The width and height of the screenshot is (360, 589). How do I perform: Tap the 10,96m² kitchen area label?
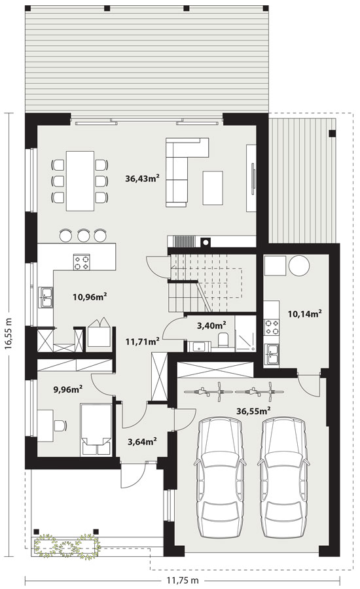pyautogui.click(x=90, y=297)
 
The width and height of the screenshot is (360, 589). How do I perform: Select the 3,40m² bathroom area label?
pyautogui.click(x=211, y=325)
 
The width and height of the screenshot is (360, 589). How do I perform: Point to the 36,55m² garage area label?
pyautogui.click(x=254, y=411)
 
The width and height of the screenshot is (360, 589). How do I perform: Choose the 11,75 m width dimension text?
pyautogui.click(x=183, y=580)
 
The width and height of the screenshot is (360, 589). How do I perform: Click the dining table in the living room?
pyautogui.click(x=80, y=181)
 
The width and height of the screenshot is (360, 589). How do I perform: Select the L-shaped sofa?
pyautogui.click(x=187, y=171)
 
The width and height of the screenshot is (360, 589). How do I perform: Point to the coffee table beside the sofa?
pyautogui.click(x=213, y=188)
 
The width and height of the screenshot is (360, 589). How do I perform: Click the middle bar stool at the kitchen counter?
pyautogui.click(x=83, y=235)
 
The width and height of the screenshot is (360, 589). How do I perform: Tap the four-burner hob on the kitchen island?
pyautogui.click(x=82, y=262)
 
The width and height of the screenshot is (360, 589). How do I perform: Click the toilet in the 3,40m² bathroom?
pyautogui.click(x=223, y=340)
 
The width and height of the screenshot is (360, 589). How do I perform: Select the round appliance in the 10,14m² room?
pyautogui.click(x=299, y=265)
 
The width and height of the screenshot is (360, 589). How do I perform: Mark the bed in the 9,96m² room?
pyautogui.click(x=96, y=430)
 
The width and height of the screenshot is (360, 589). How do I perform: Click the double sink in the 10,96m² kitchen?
pyautogui.click(x=45, y=297)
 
